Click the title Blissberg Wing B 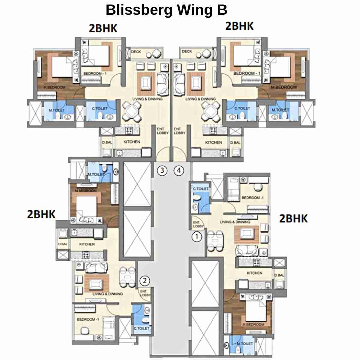coord(166,10)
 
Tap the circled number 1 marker coord(197,237)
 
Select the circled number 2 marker coord(145,281)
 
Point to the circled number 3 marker coord(162,171)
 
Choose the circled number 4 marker coord(179,171)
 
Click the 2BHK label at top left coord(103,28)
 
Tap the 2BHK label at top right coord(239,26)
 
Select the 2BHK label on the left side coord(41,214)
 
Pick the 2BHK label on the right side coord(293,218)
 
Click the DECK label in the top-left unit coord(136,52)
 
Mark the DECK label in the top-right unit coord(187,51)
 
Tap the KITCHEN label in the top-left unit coord(132,142)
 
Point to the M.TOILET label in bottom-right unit coord(245,343)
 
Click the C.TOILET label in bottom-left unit coord(141,328)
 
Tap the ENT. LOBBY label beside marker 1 coord(198,224)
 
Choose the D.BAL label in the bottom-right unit coord(279,275)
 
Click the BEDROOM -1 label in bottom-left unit coord(88,319)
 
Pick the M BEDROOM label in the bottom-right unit coord(253,325)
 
